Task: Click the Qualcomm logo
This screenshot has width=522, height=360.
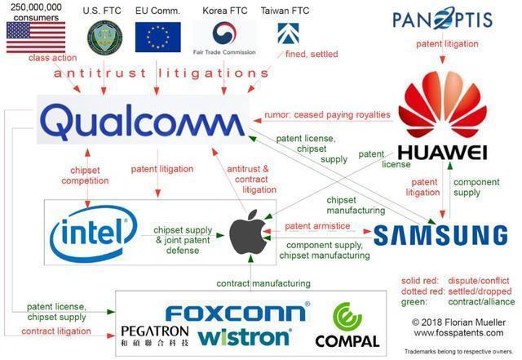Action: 140,122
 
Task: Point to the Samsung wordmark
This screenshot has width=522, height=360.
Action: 440,235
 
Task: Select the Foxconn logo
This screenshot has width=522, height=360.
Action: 236,312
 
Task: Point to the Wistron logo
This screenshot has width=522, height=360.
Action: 244,336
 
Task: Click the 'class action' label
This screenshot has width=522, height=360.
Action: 53,59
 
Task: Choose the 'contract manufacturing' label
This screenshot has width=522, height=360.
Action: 263,284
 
